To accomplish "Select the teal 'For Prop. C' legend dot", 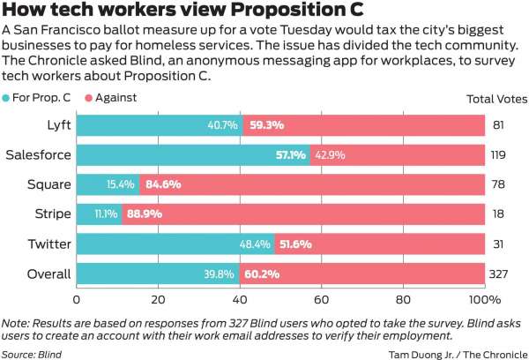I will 8,100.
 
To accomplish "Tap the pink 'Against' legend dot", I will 88,100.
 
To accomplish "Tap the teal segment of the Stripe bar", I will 88,214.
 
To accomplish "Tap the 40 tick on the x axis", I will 241,300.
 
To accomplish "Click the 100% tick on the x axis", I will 486,300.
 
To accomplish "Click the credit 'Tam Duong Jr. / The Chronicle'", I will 456,353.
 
